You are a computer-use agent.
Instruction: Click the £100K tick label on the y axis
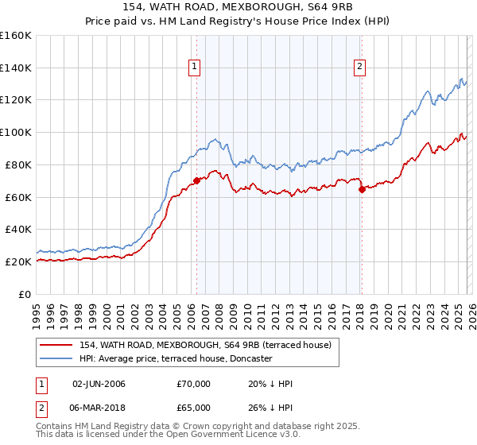click(x=15, y=132)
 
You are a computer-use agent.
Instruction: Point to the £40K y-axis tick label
click(x=17, y=229)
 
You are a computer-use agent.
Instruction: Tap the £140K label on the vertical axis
click(x=15, y=68)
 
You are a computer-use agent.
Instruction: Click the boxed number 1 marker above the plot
click(x=196, y=68)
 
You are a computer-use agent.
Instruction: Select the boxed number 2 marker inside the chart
click(x=360, y=68)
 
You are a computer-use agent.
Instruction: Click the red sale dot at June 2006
click(x=196, y=180)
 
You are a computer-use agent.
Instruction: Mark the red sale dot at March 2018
click(x=361, y=189)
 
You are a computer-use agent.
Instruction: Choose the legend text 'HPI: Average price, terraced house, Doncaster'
click(x=175, y=358)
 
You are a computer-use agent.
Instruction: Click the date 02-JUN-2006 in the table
click(x=99, y=384)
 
